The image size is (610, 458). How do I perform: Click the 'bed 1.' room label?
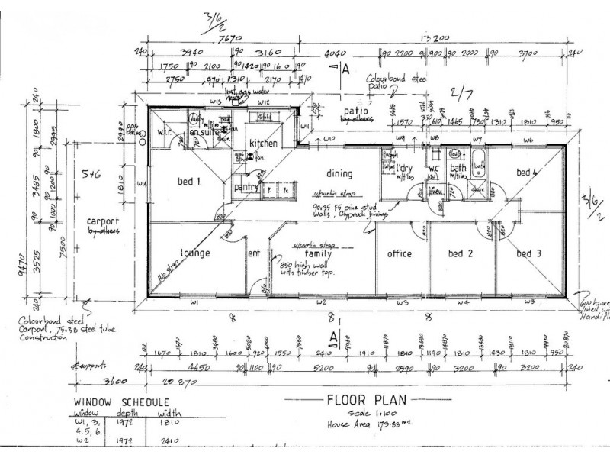(x=190, y=182)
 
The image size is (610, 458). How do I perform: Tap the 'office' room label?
(x=399, y=253)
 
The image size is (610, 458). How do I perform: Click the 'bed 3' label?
(x=528, y=253)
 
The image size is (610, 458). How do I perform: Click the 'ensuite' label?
(x=204, y=133)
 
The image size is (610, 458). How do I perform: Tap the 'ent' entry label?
(x=255, y=253)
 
